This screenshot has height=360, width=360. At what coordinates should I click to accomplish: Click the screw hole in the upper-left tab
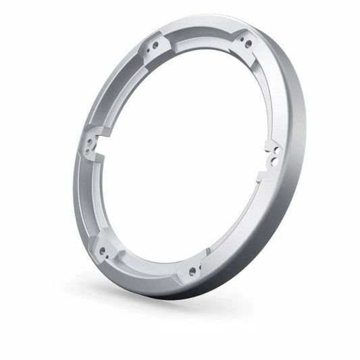click(155, 45)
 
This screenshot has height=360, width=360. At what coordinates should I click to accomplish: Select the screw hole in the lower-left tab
click(103, 251)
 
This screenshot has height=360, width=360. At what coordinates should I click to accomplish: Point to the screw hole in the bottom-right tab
click(192, 272)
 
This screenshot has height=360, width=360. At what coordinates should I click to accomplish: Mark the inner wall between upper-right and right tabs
click(267, 95)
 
